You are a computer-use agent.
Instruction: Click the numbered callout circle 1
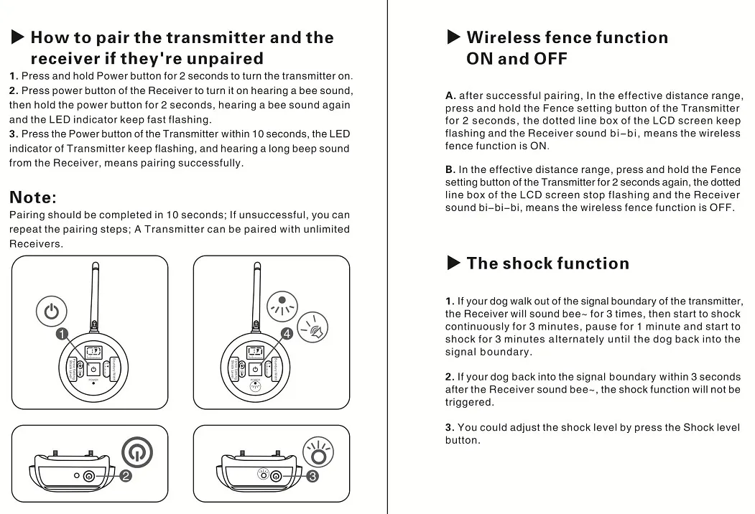point(62,334)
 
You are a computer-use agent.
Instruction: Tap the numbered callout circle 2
point(125,476)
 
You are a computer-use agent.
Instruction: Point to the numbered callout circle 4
point(287,334)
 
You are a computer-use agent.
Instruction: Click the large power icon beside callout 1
point(51,312)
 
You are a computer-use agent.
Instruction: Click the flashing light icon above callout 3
point(318,452)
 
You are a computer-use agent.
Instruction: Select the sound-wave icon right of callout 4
point(313,328)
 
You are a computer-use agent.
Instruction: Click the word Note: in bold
point(33,197)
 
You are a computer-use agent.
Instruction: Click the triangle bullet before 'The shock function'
point(453,263)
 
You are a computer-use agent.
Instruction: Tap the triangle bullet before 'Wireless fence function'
point(453,37)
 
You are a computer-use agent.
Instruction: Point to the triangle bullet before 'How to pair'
point(18,37)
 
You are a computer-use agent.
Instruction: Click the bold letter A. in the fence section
point(450,95)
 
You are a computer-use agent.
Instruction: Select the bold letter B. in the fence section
point(450,170)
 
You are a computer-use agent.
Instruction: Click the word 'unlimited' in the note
point(326,230)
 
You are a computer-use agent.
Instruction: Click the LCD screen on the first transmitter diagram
point(93,352)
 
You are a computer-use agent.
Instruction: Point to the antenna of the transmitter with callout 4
point(256,294)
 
